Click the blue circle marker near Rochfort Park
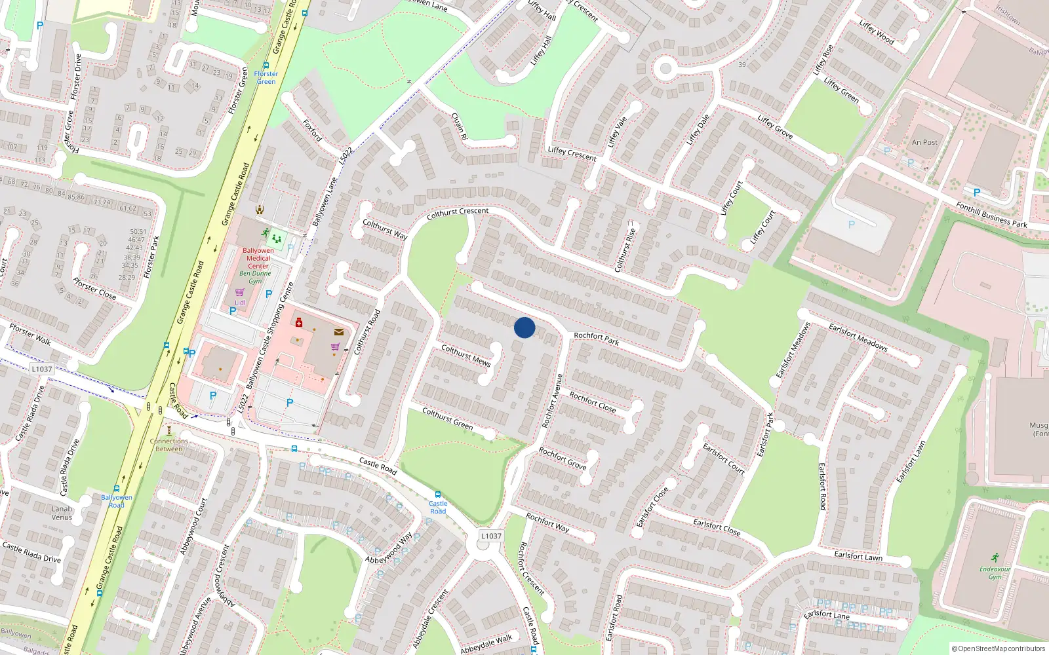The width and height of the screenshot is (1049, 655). pyautogui.click(x=524, y=327)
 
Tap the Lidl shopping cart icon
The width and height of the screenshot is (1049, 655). pyautogui.click(x=239, y=292)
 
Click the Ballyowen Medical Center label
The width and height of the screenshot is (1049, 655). pyautogui.click(x=258, y=258)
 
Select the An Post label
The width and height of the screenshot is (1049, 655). pyautogui.click(x=924, y=142)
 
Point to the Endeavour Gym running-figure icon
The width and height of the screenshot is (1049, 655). pyautogui.click(x=995, y=557)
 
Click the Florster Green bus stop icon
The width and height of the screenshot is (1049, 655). pyautogui.click(x=266, y=65)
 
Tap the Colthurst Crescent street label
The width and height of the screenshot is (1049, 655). pyautogui.click(x=458, y=213)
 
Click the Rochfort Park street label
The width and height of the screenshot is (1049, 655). pyautogui.click(x=596, y=338)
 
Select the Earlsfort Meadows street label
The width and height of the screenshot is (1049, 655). pyautogui.click(x=858, y=337)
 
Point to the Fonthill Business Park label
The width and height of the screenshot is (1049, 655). pyautogui.click(x=991, y=215)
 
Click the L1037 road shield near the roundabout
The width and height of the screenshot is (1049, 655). pyautogui.click(x=490, y=536)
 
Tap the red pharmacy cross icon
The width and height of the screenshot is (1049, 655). pyautogui.click(x=299, y=322)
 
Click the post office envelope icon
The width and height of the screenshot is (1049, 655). pyautogui.click(x=338, y=332)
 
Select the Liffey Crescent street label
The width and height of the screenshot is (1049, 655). pyautogui.click(x=572, y=154)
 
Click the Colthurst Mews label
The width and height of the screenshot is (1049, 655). pyautogui.click(x=465, y=355)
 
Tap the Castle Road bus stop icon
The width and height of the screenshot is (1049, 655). pyautogui.click(x=437, y=495)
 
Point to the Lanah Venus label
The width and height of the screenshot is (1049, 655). pyautogui.click(x=62, y=513)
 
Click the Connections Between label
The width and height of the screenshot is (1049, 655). pyautogui.click(x=169, y=445)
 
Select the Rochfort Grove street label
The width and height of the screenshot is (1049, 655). pyautogui.click(x=562, y=458)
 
